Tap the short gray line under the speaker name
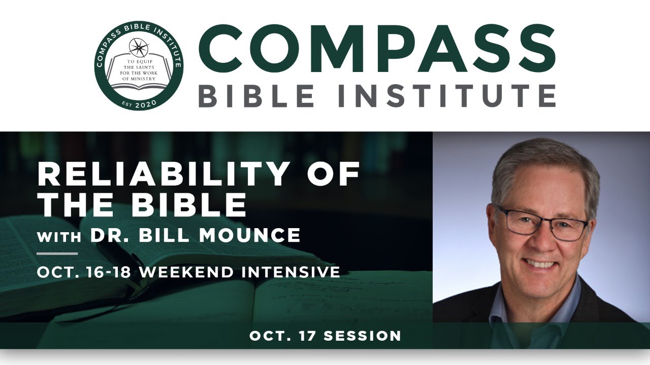pyautogui.click(x=57, y=253)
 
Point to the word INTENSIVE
pyautogui.click(x=291, y=272)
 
